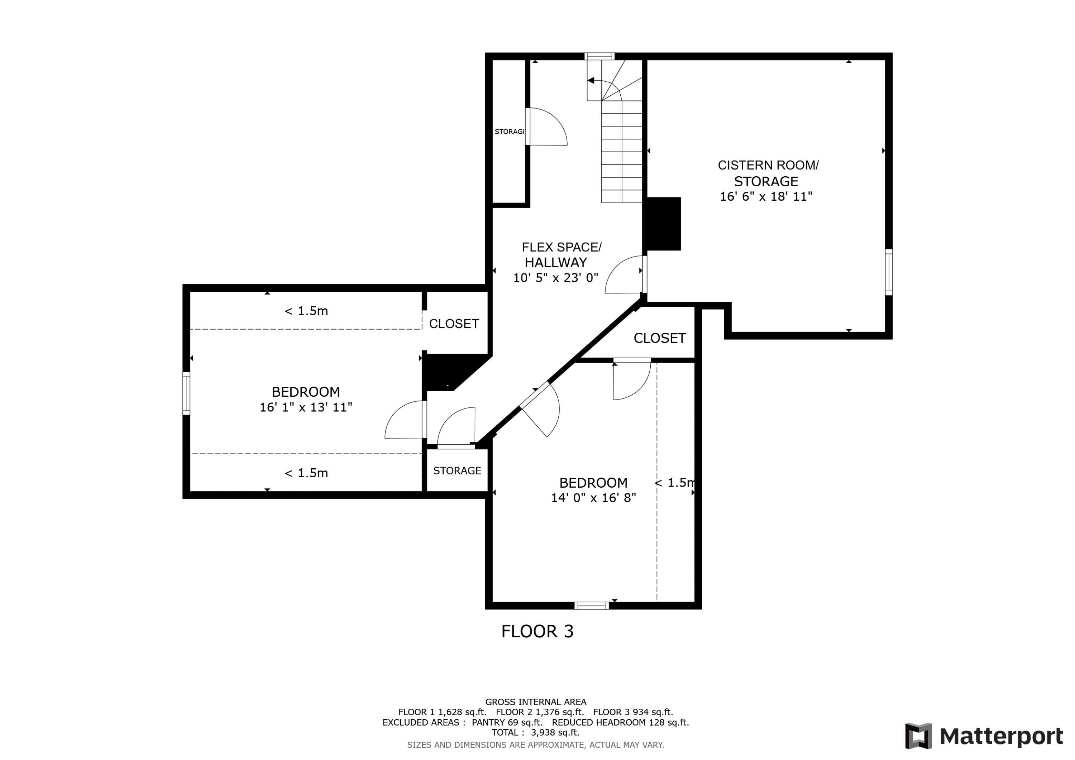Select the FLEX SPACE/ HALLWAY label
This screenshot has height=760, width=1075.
click(562, 254)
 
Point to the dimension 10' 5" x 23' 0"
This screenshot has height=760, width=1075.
click(556, 278)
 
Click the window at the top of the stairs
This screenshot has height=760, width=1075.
click(599, 57)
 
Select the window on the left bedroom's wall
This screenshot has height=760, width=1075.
click(186, 393)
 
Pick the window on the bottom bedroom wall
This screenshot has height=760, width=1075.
click(591, 606)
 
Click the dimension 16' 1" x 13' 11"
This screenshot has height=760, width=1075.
click(306, 407)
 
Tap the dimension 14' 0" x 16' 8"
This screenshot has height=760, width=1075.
click(593, 498)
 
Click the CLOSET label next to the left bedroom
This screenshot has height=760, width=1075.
click(454, 324)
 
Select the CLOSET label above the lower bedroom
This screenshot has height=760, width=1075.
click(659, 338)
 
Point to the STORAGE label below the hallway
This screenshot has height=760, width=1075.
click(457, 470)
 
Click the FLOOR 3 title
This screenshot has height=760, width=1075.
click(537, 632)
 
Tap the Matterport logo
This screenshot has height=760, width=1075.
click(983, 737)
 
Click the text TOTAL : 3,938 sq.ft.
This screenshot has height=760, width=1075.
click(535, 732)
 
